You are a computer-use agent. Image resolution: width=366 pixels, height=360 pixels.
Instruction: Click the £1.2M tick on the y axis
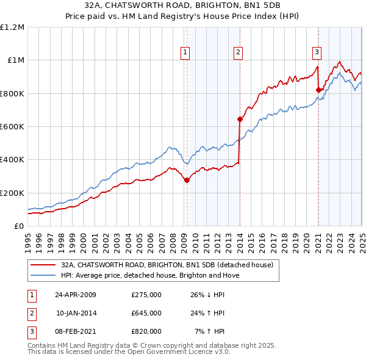point(12,27)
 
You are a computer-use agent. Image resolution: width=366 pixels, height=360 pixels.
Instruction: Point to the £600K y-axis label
point(12,127)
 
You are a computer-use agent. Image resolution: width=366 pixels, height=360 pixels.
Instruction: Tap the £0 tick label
point(19,226)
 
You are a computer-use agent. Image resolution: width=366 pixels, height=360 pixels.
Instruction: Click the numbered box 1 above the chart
point(185,52)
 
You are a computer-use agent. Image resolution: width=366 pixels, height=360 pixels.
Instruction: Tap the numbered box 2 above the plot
point(238,52)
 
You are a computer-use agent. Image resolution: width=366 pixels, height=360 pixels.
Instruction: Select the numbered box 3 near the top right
point(317,52)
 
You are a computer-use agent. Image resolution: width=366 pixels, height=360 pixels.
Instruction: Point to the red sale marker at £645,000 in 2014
point(240,119)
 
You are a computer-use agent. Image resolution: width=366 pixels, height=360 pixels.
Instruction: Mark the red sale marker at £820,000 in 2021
point(318,90)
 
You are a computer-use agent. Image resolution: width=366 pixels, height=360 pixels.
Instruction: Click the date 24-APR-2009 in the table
point(76,295)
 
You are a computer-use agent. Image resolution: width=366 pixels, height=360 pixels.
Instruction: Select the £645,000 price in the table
point(146,313)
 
